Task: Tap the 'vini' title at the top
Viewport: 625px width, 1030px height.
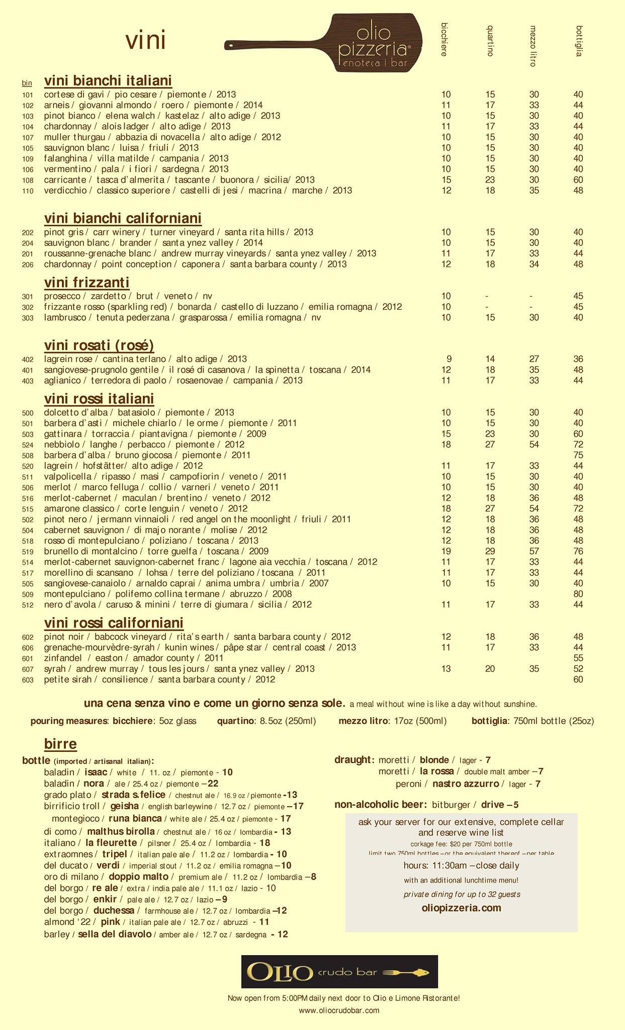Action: (145, 41)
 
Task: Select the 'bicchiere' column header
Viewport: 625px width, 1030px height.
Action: (444, 39)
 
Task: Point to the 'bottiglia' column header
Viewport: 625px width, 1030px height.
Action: (579, 40)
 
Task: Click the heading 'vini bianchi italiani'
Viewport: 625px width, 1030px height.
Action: (108, 80)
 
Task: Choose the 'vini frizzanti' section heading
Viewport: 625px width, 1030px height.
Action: (86, 282)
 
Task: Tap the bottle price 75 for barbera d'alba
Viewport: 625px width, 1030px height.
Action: (578, 455)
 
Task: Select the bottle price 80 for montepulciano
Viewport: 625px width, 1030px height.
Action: (578, 594)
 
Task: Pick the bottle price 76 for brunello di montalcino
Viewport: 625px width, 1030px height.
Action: (578, 551)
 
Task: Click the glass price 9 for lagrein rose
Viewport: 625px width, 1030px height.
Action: (449, 359)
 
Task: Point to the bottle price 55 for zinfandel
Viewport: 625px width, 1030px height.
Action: (578, 658)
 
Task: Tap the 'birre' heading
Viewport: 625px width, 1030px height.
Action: (60, 744)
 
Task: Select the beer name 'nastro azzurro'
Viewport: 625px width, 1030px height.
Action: (466, 784)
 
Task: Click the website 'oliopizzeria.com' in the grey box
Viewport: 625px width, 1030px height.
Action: (461, 908)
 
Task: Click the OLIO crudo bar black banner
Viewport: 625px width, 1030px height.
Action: (339, 972)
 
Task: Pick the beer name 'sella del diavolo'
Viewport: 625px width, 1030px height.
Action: (115, 934)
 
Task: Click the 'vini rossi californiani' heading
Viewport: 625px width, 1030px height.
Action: (114, 623)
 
